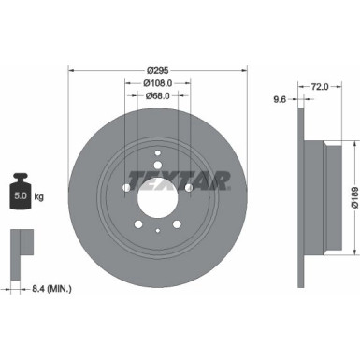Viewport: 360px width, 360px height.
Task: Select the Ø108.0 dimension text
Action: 157,80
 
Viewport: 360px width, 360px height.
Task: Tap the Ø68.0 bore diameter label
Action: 157,94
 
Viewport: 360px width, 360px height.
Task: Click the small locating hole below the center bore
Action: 157,230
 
